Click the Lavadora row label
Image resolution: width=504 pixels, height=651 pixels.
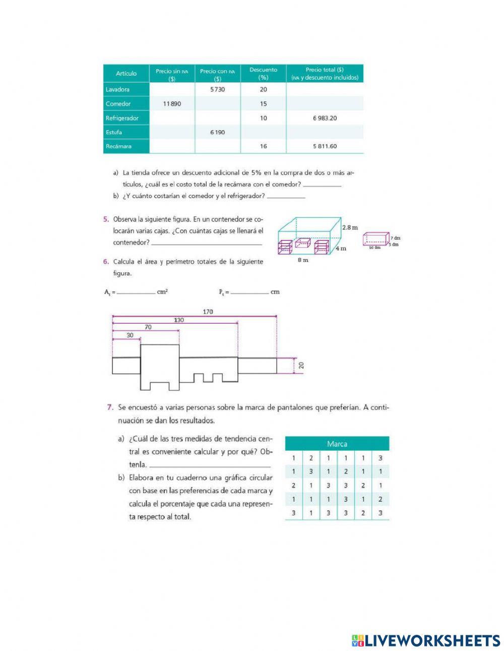click(117, 90)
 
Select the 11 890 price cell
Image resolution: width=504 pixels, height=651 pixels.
click(172, 104)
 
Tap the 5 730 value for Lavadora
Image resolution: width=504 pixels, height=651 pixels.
click(217, 90)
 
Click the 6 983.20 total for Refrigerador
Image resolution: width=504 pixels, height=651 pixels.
click(325, 118)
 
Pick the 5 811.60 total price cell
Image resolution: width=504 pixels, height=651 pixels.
click(325, 146)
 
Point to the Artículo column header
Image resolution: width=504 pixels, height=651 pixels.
click(126, 74)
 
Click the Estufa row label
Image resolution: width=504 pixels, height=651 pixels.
click(114, 132)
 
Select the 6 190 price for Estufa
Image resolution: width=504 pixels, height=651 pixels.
click(217, 132)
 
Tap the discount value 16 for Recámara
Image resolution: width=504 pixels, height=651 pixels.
click(263, 146)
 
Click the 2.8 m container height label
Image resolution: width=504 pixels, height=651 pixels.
click(350, 227)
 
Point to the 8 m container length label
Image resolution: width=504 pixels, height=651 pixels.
click(302, 260)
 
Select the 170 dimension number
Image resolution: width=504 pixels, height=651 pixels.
click(208, 312)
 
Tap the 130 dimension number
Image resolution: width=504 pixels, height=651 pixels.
click(179, 320)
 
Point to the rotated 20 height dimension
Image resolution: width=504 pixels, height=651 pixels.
click(301, 366)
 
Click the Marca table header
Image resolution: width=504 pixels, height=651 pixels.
click(337, 444)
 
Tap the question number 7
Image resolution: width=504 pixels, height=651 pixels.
click(109, 407)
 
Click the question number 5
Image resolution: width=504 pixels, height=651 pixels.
click(106, 219)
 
